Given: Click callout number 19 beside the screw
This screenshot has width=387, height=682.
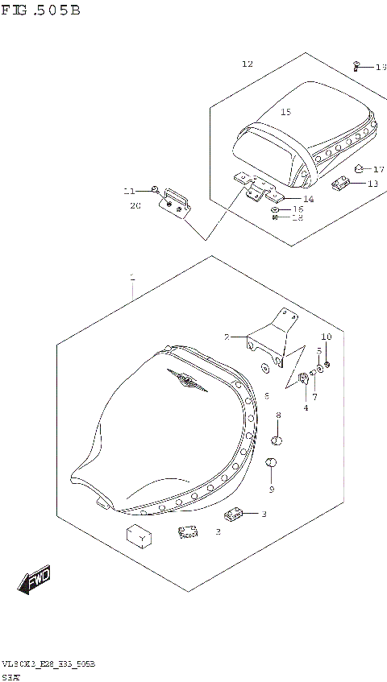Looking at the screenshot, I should pyautogui.click(x=381, y=68).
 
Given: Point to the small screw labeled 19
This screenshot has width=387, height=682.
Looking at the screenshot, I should pyautogui.click(x=356, y=65).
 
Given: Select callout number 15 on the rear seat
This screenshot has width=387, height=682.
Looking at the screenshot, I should pyautogui.click(x=285, y=113).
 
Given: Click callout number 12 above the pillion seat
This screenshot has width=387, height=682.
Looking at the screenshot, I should pyautogui.click(x=247, y=64).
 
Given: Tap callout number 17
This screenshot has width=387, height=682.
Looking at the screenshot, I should pyautogui.click(x=379, y=169).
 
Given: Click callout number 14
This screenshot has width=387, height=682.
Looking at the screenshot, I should pyautogui.click(x=308, y=199).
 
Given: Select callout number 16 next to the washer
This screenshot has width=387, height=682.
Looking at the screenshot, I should pyautogui.click(x=298, y=209).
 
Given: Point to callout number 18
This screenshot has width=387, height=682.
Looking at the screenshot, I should pyautogui.click(x=298, y=217).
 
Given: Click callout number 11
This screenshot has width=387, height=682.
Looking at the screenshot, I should pyautogui.click(x=129, y=191).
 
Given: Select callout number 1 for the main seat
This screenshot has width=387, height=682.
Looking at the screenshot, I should pyautogui.click(x=132, y=278).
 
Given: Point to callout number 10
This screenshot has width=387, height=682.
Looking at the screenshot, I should pyautogui.click(x=326, y=337).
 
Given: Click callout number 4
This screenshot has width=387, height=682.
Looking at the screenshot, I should pyautogui.click(x=306, y=407).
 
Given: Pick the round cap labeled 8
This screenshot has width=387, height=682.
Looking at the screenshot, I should pyautogui.click(x=277, y=440).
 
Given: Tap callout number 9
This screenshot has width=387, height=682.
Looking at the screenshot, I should pyautogui.click(x=272, y=489).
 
